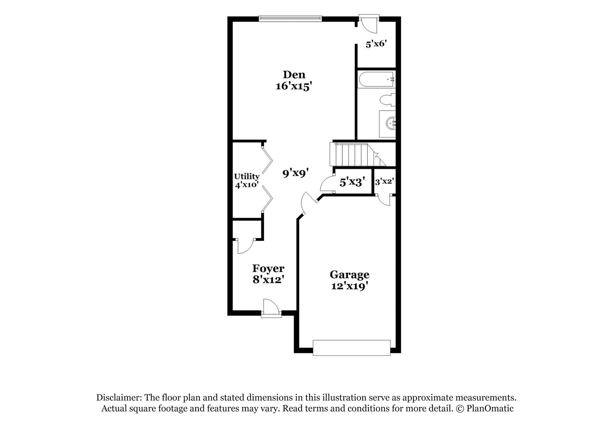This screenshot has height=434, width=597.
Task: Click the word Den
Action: point(294,75)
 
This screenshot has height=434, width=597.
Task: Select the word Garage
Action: point(349,275)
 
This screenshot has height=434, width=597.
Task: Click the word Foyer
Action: point(268,268)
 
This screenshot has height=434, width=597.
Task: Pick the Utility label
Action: point(247,176)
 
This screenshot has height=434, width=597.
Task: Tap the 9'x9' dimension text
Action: point(295,174)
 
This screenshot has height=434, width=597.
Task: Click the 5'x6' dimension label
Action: point(376,44)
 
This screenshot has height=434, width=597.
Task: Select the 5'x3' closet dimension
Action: point(352,182)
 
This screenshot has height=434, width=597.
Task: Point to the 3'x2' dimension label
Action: point(384,182)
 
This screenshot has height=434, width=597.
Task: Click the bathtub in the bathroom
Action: point(376,79)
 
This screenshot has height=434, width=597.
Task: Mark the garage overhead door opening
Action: point(351,348)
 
